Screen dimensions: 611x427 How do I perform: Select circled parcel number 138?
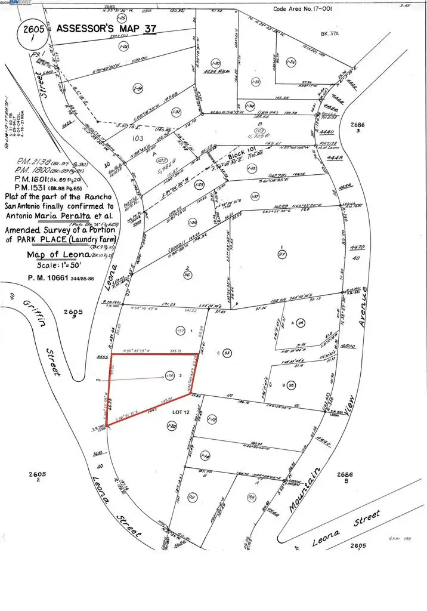click(x=169, y=375)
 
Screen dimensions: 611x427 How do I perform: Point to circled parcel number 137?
click(x=180, y=331)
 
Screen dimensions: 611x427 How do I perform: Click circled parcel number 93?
click(x=227, y=353)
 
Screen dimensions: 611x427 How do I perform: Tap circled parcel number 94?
click(x=301, y=323)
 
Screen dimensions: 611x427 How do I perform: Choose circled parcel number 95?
click(x=291, y=385)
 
